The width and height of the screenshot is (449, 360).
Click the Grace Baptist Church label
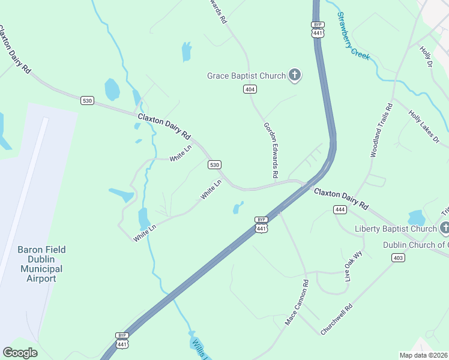(246, 76)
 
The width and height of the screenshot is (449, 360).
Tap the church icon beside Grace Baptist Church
(294, 75)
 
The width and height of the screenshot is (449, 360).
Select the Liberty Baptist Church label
(395, 229)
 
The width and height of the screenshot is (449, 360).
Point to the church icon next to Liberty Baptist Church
(445, 227)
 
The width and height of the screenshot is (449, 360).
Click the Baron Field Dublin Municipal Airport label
(41, 264)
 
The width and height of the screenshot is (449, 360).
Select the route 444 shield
(340, 209)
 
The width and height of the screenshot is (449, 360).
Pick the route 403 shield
(397, 257)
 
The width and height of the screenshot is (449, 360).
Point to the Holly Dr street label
(427, 56)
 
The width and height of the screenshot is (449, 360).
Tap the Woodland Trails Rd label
(381, 130)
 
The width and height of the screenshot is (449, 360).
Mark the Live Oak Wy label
(354, 266)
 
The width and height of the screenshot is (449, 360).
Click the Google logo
(20, 353)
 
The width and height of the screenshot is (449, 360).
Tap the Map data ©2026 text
(423, 355)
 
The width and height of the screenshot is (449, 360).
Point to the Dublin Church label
(416, 245)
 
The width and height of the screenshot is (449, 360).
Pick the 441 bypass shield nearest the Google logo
(122, 340)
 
